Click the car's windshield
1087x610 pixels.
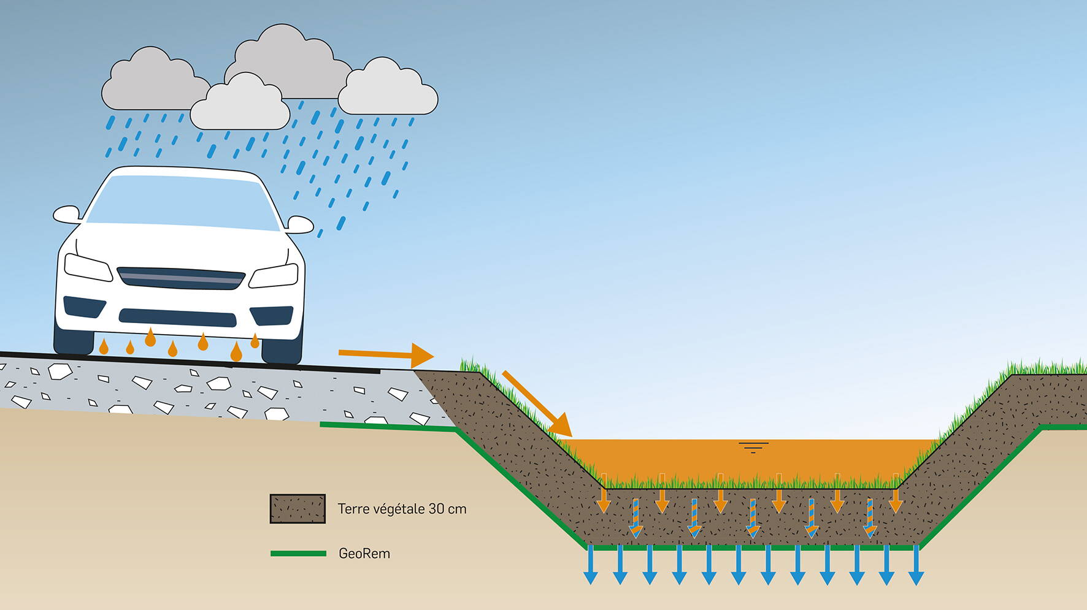coord(183,202)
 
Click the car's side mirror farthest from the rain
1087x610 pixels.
coord(67,215)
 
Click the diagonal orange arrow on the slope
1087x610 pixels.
coord(537,403)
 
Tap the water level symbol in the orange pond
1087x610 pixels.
coord(753,447)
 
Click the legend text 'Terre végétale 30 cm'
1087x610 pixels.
coord(402,509)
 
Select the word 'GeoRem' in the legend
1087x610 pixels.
coord(364,554)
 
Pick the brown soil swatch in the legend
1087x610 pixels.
coord(298,509)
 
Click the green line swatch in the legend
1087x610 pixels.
coord(298,554)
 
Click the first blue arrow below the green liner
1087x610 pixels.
coord(591,564)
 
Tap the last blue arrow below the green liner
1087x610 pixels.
coord(916,564)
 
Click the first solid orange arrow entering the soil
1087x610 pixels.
coord(604,493)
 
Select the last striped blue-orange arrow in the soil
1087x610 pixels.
coord(870,518)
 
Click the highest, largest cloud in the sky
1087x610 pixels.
coord(285,61)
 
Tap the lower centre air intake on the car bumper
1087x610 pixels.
coord(177,318)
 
